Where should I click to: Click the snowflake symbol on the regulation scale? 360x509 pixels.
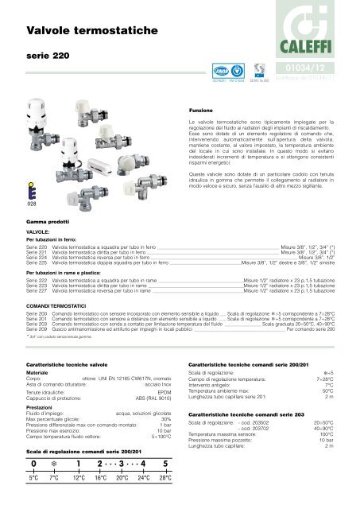click(55, 464)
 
